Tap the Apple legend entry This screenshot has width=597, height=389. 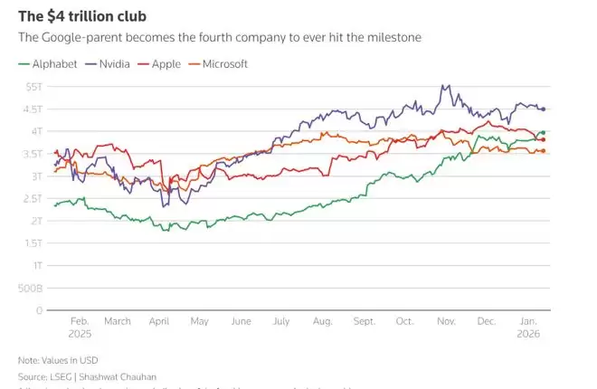pyautogui.click(x=166, y=64)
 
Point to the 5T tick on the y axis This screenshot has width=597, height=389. pyautogui.click(x=33, y=86)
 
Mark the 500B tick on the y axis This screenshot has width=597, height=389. pyautogui.click(x=30, y=288)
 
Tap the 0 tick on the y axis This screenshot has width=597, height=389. pyautogui.click(x=39, y=310)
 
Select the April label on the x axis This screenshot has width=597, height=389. pyautogui.click(x=159, y=321)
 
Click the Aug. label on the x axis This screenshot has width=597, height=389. pyautogui.click(x=323, y=321)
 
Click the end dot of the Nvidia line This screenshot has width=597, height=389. pyautogui.click(x=543, y=109)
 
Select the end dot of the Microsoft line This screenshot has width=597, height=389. pyautogui.click(x=543, y=151)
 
